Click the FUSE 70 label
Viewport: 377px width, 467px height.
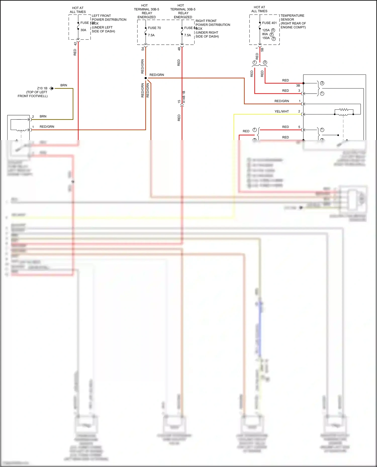pos(154,28)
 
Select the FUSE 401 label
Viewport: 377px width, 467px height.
pos(269,23)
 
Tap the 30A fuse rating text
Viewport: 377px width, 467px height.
pos(83,30)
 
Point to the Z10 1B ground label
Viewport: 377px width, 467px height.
pos(42,88)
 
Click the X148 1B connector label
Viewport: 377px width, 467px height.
pos(184,97)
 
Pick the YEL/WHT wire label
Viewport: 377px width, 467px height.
pos(281,111)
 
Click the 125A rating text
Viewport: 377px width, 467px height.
pos(266,30)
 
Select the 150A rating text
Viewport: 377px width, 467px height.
pos(266,38)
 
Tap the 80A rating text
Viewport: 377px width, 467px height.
pos(265,34)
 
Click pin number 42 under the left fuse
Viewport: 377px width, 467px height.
pos(75,44)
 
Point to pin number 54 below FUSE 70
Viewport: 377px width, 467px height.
pos(143,49)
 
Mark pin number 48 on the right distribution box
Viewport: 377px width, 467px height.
pos(179,49)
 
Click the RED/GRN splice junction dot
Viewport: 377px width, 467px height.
pos(146,78)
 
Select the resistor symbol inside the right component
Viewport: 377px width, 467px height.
pos(344,110)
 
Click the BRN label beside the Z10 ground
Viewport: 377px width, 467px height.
pos(64,85)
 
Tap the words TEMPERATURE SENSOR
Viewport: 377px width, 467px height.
pos(292,18)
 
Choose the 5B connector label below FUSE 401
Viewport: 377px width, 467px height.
pos(262,50)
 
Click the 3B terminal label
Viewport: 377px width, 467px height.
pos(298,86)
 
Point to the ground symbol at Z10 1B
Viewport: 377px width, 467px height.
pos(51,88)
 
